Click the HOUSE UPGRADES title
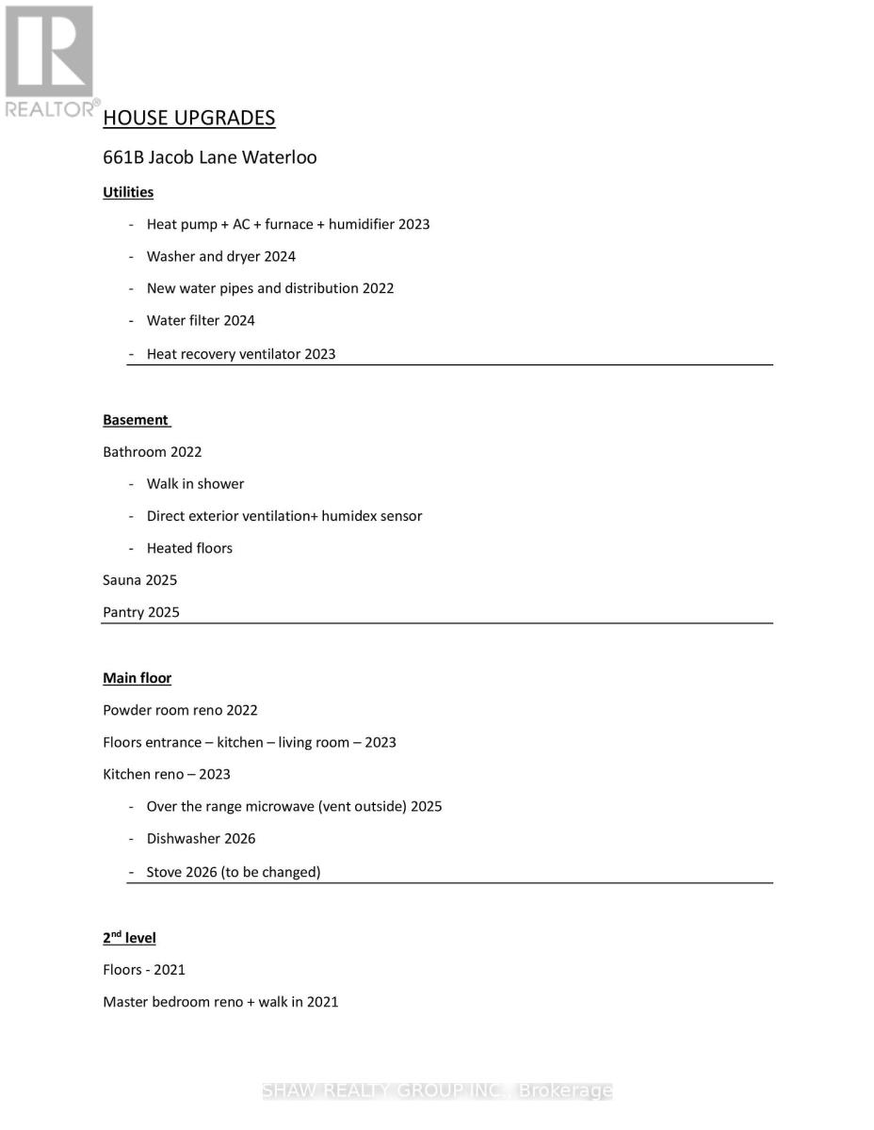(188, 118)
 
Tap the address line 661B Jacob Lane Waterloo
(209, 157)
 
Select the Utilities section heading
(128, 192)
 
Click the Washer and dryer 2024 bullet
(220, 256)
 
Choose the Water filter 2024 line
(201, 320)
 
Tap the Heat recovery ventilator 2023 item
(240, 354)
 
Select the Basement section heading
(136, 420)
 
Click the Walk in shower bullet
(195, 484)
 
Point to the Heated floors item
(189, 548)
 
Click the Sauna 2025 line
(139, 580)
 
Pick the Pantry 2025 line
(141, 612)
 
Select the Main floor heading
(137, 678)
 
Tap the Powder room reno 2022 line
(180, 710)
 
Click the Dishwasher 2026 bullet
(201, 838)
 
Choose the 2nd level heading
(129, 938)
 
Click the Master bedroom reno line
(220, 1002)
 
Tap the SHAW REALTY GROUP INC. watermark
(437, 1090)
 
